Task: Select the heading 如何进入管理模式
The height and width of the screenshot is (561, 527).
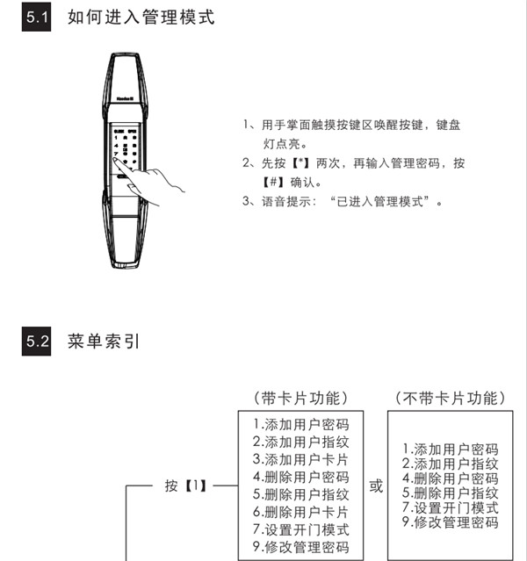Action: point(141,18)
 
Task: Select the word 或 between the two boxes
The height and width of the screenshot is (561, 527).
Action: point(376,485)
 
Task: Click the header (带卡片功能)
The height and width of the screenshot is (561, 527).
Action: point(300,398)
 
